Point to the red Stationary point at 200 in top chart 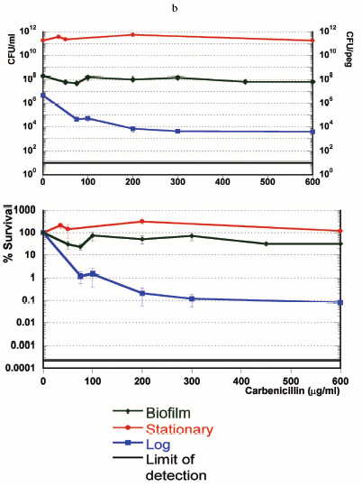click(x=133, y=35)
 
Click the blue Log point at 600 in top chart click(x=339, y=132)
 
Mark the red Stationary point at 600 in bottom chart click(x=339, y=231)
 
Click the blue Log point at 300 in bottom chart click(x=191, y=298)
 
